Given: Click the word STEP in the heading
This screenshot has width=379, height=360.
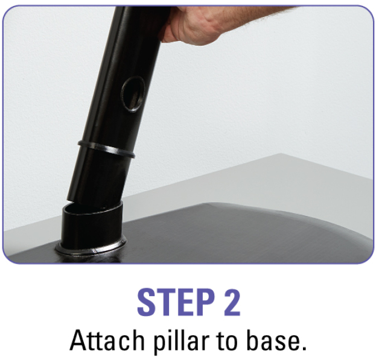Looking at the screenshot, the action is pos(176,302).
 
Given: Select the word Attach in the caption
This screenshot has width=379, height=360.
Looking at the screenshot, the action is pos(107,341).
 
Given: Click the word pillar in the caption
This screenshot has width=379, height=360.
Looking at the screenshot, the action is pos(182,341).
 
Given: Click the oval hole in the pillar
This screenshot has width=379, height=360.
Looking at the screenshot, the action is pos(133,94).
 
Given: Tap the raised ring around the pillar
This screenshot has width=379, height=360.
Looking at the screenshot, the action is pos(106,149).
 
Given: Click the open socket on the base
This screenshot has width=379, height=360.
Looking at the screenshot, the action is pos(92,224).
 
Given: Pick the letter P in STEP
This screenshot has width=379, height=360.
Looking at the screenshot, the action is pos(205,302).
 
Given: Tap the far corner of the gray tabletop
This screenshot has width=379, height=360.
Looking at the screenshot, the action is pos(281,153).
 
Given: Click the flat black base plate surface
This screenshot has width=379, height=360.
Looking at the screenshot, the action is pos(242,232).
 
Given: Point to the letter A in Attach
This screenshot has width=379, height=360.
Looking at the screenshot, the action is pos(77,340).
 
